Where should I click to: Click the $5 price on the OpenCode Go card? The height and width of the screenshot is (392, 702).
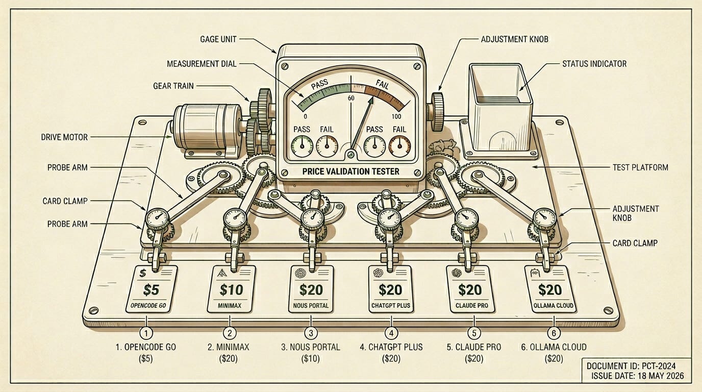click(x=151, y=290)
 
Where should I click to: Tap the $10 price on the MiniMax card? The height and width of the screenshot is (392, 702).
click(x=231, y=290)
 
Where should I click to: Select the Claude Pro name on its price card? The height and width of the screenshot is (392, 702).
click(x=471, y=305)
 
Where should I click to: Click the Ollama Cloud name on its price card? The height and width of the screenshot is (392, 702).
click(x=553, y=305)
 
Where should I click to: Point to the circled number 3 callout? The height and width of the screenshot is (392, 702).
click(x=311, y=333)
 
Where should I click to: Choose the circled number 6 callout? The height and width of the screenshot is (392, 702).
click(x=554, y=333)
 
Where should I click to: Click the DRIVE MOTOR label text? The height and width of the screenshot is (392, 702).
click(x=64, y=137)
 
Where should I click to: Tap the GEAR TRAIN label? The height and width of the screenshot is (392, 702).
click(x=173, y=86)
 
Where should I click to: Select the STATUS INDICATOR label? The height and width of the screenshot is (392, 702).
click(x=594, y=64)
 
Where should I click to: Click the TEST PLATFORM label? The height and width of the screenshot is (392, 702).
click(x=640, y=167)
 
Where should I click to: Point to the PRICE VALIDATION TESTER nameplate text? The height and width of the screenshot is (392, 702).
click(x=350, y=171)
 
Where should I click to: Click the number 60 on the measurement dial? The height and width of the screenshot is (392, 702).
click(x=351, y=98)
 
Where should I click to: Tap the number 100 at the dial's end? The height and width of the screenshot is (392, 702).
click(x=396, y=117)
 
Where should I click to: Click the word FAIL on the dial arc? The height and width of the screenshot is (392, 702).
click(x=382, y=85)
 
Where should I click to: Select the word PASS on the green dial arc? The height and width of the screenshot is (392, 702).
click(x=320, y=85)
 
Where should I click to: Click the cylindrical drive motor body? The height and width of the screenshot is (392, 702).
click(x=207, y=127)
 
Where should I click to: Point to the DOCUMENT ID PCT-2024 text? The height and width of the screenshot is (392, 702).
click(x=631, y=366)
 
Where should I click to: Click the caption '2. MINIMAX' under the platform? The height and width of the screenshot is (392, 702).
click(x=229, y=347)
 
